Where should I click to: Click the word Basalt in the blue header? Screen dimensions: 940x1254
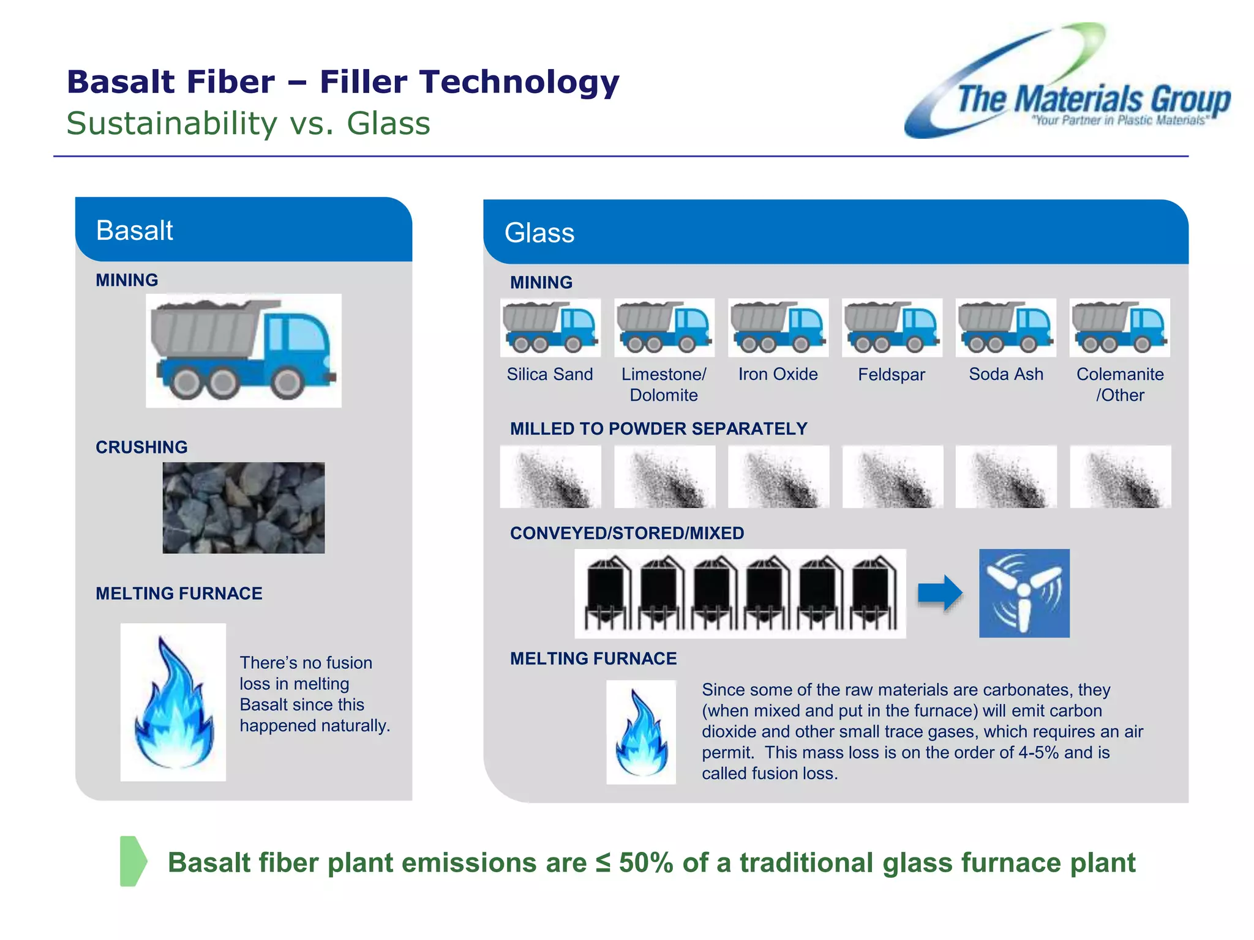click(135, 231)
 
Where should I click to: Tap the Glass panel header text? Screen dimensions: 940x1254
click(539, 233)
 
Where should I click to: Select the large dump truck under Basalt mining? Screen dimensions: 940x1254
click(244, 350)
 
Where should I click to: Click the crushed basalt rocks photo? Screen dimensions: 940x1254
click(244, 508)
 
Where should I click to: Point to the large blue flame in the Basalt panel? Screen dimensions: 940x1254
click(173, 703)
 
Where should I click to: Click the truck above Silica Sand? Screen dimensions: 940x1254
click(550, 328)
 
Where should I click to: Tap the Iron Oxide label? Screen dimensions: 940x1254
click(778, 375)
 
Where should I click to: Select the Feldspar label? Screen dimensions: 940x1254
click(892, 375)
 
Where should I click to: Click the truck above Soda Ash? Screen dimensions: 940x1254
click(1005, 328)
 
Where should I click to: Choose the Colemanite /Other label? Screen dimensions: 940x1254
click(1120, 384)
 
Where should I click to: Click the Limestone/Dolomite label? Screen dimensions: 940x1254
click(664, 384)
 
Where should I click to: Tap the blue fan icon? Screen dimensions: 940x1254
click(1024, 593)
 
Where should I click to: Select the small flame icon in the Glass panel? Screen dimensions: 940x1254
click(641, 733)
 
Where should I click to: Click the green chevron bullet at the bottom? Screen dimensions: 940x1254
click(133, 861)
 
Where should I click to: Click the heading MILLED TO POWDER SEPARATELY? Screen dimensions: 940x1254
click(658, 429)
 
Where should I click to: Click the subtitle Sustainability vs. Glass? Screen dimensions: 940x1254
click(248, 124)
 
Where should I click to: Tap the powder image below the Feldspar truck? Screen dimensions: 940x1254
click(892, 477)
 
